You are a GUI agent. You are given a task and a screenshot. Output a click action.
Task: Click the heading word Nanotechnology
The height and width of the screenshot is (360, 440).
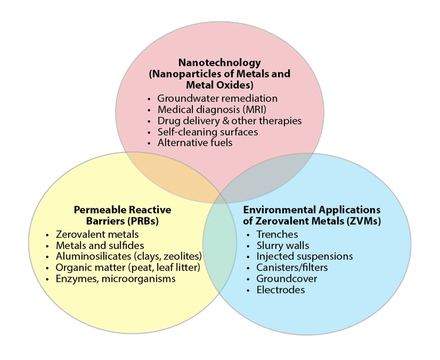(220, 62)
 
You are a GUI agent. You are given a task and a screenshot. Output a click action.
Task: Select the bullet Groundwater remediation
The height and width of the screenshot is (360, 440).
(217, 98)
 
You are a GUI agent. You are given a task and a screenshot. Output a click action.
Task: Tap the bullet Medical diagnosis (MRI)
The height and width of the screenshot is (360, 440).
(208, 109)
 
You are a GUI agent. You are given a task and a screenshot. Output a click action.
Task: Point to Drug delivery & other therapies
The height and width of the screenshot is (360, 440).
(229, 120)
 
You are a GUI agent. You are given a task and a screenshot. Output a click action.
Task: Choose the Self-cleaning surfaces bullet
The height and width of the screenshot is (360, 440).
(208, 132)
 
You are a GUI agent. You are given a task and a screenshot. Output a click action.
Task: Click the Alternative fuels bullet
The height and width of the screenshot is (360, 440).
(195, 142)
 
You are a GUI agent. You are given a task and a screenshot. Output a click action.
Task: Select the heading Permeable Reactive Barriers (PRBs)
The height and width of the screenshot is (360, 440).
(123, 215)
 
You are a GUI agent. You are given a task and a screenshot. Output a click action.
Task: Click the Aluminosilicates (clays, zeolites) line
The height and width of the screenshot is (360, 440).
(128, 256)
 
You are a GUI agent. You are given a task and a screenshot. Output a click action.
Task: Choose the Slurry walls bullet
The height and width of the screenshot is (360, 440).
(282, 245)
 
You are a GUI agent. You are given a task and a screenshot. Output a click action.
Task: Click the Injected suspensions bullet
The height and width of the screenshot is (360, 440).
(304, 256)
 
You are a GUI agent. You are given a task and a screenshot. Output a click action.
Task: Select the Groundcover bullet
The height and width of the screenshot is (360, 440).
(286, 278)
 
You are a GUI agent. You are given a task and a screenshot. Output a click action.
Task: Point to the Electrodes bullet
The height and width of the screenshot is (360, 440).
(280, 290)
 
